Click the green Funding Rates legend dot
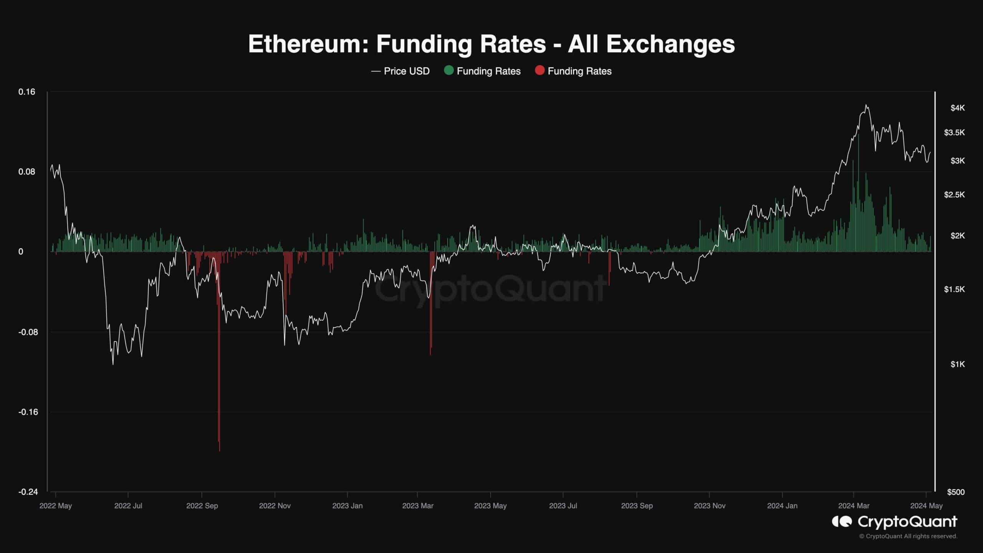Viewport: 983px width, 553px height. point(448,71)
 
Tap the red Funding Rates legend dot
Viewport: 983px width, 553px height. point(539,71)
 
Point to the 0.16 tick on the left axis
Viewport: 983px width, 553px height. point(26,92)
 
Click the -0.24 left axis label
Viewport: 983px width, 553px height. point(28,492)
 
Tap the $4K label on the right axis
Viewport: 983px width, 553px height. point(957,108)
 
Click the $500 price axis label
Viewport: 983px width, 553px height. point(956,492)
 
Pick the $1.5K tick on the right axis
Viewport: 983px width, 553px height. point(954,289)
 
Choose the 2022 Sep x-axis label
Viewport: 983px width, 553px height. point(202,506)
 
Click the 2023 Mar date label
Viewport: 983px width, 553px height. point(417,506)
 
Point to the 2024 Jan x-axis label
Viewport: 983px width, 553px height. point(782,506)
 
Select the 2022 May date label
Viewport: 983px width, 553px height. point(56,506)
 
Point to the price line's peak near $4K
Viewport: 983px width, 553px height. point(866,105)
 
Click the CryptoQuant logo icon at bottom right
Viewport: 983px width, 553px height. point(842,522)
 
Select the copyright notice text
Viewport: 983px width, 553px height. point(908,536)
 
